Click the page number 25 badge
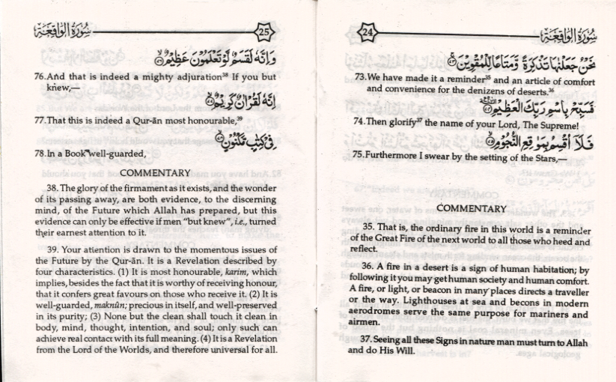(264, 31)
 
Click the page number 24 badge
(366, 31)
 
